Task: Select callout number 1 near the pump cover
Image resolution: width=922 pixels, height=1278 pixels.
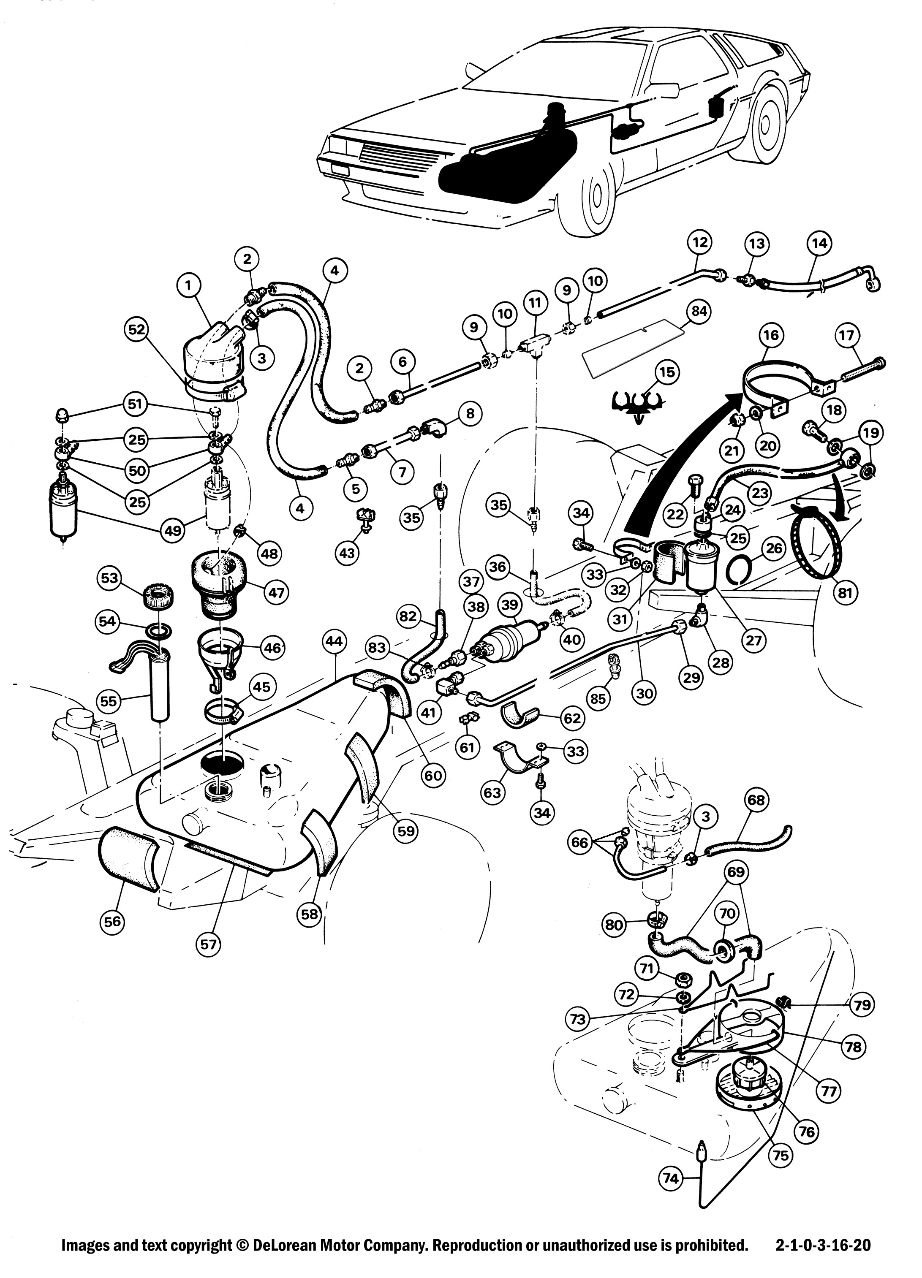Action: (x=188, y=286)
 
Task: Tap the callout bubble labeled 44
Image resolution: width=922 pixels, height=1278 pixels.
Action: (x=335, y=641)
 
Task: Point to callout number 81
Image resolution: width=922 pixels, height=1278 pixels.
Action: (x=846, y=592)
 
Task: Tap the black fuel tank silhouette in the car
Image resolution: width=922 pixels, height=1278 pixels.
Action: (x=496, y=163)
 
